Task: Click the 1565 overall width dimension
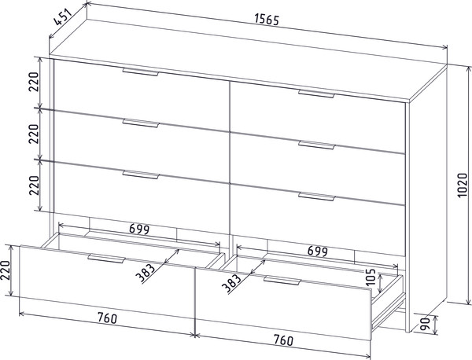(x=267, y=19)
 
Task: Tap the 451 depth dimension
(x=63, y=17)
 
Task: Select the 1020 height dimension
(x=462, y=186)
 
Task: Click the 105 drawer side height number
(x=371, y=277)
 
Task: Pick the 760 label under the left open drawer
(x=107, y=318)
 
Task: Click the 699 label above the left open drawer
(x=139, y=230)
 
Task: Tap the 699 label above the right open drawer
(x=317, y=251)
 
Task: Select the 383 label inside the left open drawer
(x=145, y=273)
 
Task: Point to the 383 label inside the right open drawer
(x=231, y=283)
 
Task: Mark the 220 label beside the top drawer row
(x=34, y=82)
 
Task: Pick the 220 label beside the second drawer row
(x=34, y=134)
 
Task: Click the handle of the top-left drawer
(x=140, y=72)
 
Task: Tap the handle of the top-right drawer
(x=316, y=94)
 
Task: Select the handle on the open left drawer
(x=106, y=259)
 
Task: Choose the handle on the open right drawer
(x=282, y=281)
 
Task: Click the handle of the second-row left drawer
(x=140, y=123)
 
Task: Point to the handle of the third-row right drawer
(x=316, y=197)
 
